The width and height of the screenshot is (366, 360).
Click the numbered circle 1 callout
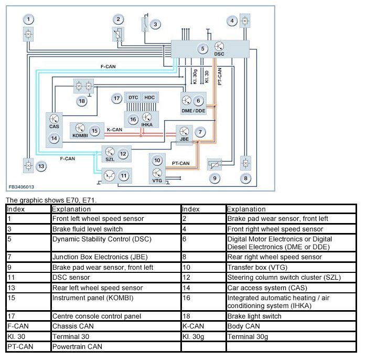[29, 19]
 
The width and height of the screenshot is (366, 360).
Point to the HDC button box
[150, 98]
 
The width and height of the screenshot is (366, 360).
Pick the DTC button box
[133, 98]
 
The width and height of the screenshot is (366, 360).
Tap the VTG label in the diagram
[157, 181]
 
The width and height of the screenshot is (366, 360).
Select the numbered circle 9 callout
[214, 178]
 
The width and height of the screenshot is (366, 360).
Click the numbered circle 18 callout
[81, 100]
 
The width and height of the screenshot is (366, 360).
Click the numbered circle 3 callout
[155, 24]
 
